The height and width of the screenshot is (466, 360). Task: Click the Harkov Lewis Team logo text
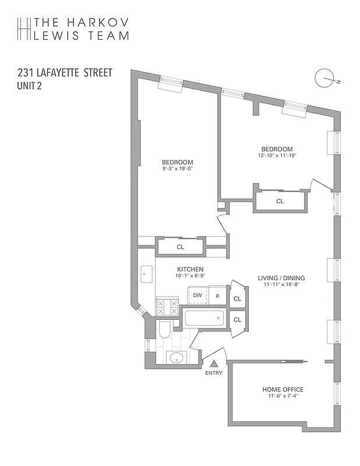pos(82,29)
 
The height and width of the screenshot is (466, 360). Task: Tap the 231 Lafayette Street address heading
pos(65,74)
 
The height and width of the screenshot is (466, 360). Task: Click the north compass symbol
pos(323,77)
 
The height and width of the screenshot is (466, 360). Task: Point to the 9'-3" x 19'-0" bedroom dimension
pos(177,169)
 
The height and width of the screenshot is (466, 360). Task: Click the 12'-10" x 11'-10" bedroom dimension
pos(277,156)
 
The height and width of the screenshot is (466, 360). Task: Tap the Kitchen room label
pos(190,269)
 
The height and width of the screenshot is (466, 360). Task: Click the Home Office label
pos(283,390)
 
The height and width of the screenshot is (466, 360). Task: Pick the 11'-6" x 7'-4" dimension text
pos(283,397)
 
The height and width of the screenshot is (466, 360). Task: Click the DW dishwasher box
pos(197,295)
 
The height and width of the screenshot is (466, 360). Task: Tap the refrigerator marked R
pos(217,296)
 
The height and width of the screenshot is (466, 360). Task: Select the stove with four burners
pos(168,307)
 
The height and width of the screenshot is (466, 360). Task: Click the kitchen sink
pos(147,273)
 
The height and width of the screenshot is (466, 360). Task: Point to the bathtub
pos(204,319)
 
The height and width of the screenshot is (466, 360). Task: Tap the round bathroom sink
pos(175,358)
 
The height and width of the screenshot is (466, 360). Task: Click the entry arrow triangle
pos(214,363)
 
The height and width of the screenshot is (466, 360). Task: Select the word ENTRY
pos(214,373)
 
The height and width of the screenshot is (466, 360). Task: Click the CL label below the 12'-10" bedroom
pos(280,201)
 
